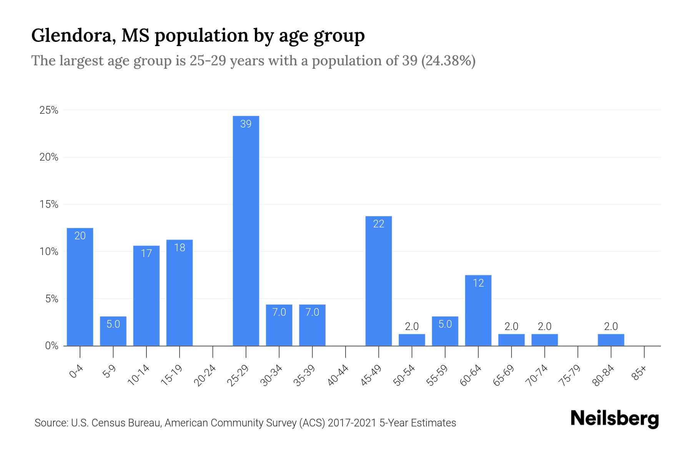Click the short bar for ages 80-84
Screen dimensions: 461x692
[611, 340]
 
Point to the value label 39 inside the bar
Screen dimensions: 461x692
[246, 124]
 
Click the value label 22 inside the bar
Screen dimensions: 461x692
[379, 224]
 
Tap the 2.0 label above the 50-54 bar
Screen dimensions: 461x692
[412, 327]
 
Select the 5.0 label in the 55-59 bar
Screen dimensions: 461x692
[445, 324]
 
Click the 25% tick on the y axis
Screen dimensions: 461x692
[49, 111]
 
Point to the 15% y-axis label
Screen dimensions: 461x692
[49, 204]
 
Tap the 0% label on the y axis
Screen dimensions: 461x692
[52, 346]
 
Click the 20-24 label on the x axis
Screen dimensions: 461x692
[205, 375]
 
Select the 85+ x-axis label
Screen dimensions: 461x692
[640, 373]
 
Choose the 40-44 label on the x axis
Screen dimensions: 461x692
[338, 375]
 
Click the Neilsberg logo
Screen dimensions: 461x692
[614, 419]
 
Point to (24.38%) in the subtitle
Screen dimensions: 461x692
[448, 61]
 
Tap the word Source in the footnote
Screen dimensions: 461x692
[51, 423]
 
